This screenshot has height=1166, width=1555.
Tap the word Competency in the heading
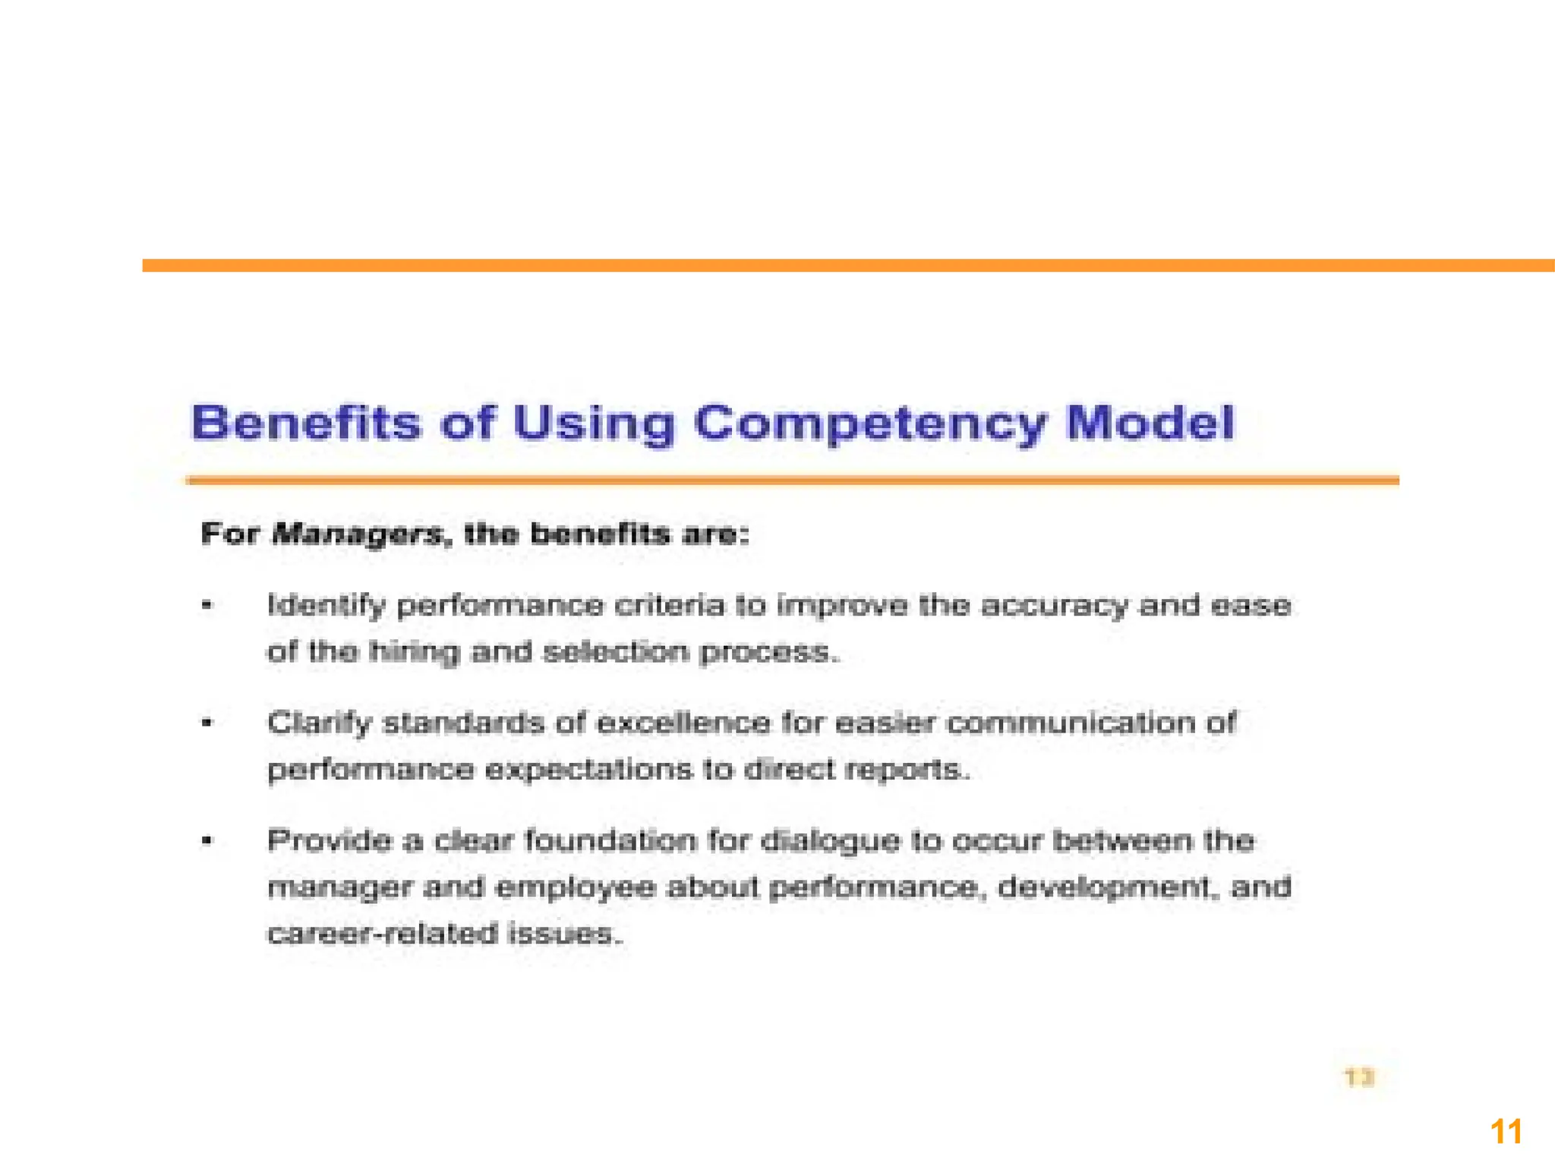(869, 424)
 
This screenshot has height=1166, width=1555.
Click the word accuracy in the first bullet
(1053, 607)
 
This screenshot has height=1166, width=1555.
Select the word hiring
(414, 652)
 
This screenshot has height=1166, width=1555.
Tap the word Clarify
(319, 723)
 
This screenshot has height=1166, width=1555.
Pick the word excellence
(683, 722)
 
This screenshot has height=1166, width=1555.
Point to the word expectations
(589, 770)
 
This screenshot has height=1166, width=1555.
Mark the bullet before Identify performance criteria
(207, 606)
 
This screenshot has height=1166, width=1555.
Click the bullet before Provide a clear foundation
(207, 840)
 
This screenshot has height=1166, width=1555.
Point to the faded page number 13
(1359, 1077)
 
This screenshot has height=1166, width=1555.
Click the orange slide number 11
(1506, 1132)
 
